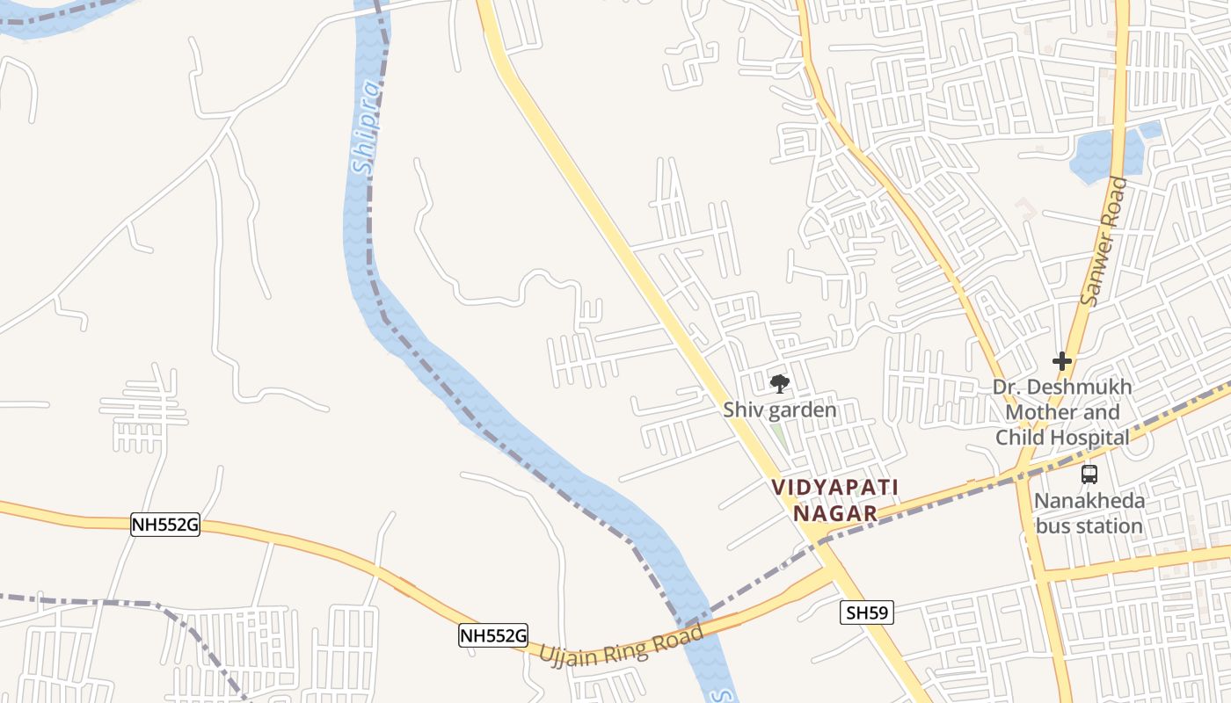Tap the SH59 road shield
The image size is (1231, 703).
866,612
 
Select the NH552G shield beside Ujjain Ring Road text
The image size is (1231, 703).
493,634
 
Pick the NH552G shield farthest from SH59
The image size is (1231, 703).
164,525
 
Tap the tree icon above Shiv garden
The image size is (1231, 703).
779,383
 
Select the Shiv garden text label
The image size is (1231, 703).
779,409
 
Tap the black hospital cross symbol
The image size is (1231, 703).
1062,361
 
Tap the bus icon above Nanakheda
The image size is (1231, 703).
1089,475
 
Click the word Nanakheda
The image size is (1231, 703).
1089,502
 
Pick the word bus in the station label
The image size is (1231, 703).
1053,527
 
